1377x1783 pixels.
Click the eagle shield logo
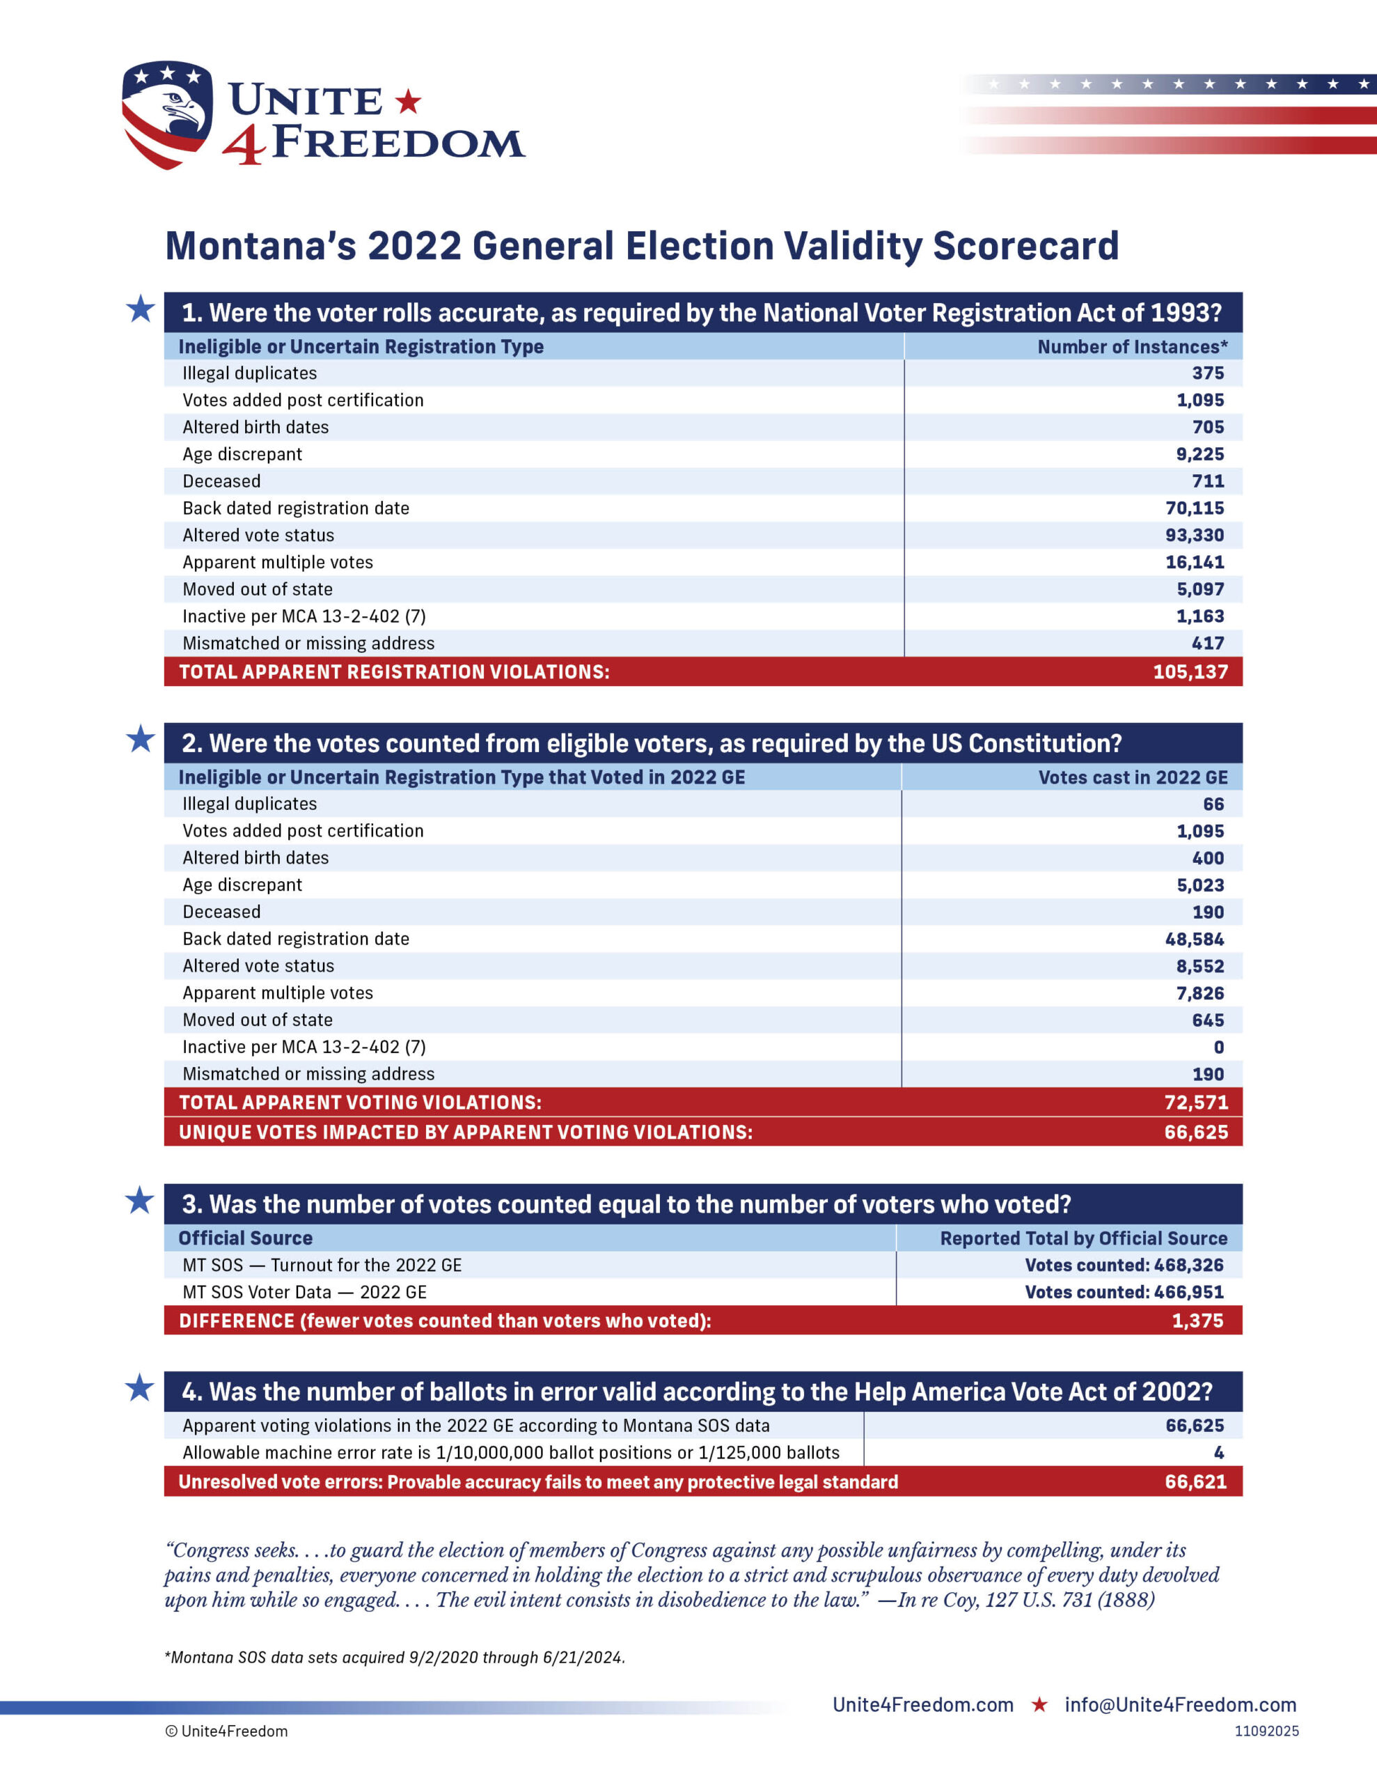(x=167, y=114)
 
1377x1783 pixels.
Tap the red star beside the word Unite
(x=408, y=102)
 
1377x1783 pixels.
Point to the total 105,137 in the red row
(x=1190, y=672)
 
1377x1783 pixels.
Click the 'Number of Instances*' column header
(x=1132, y=347)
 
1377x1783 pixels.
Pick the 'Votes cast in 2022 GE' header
(x=1132, y=777)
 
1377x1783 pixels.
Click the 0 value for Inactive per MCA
(x=1219, y=1047)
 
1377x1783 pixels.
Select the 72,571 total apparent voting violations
(x=1196, y=1102)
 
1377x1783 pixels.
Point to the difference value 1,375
(x=1197, y=1320)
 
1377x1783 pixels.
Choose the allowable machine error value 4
(x=1219, y=1452)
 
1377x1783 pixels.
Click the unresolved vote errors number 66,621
(x=1195, y=1481)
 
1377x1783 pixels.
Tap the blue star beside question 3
(x=139, y=1201)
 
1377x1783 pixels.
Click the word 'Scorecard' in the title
(x=1025, y=246)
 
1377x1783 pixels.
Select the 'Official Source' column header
(x=246, y=1238)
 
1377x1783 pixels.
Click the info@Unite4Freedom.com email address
(x=1180, y=1704)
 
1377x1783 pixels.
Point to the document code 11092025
(x=1266, y=1731)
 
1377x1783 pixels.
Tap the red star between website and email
(x=1039, y=1704)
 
